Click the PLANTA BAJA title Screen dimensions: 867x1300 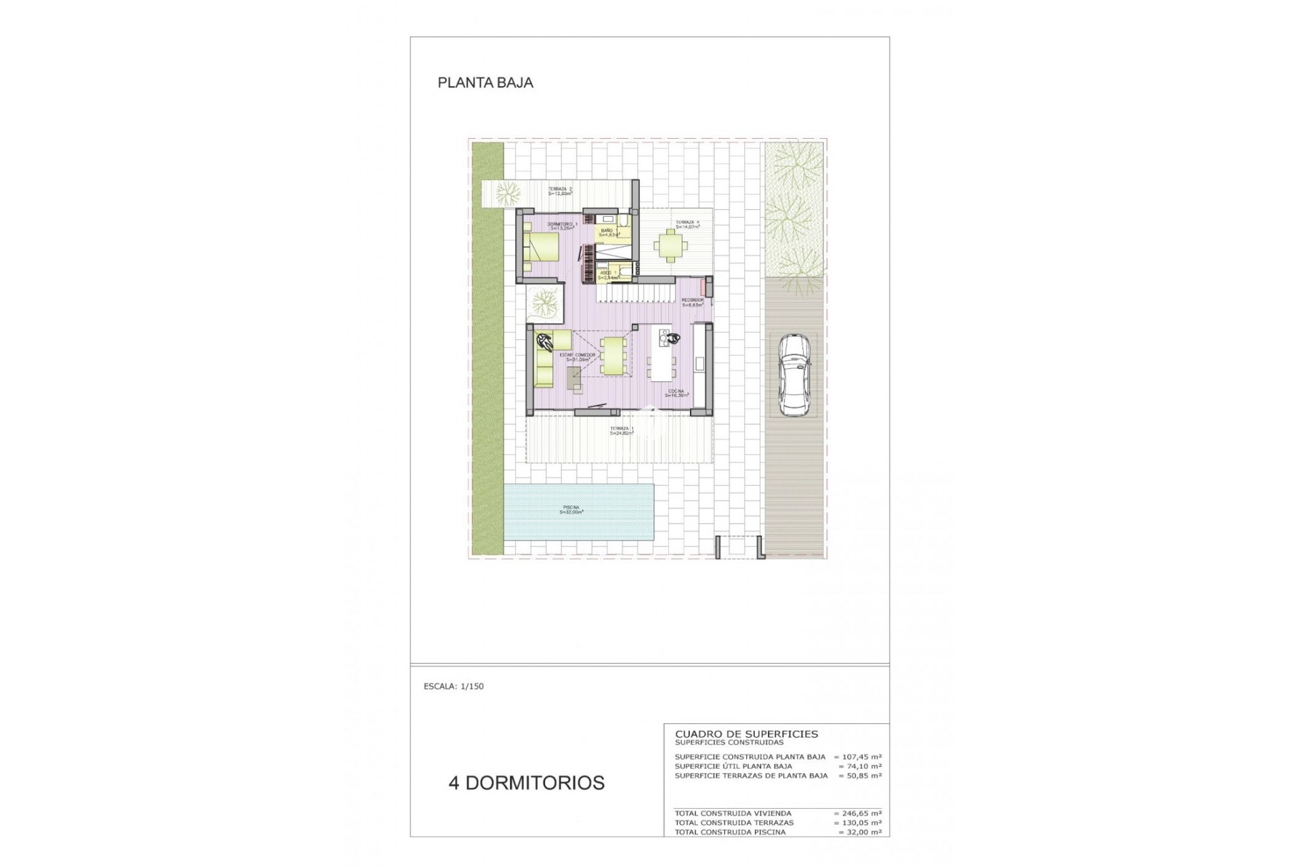[x=485, y=83]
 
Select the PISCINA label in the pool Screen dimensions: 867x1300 [x=571, y=510]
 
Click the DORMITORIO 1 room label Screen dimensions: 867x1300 [x=562, y=226]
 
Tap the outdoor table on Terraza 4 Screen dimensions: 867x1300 [x=669, y=246]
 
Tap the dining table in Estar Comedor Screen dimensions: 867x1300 [x=613, y=356]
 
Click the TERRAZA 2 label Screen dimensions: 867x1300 [x=560, y=191]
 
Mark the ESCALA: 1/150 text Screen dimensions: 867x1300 [x=454, y=686]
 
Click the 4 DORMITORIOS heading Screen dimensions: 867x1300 [x=526, y=783]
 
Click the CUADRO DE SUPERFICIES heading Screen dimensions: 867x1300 [x=746, y=734]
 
